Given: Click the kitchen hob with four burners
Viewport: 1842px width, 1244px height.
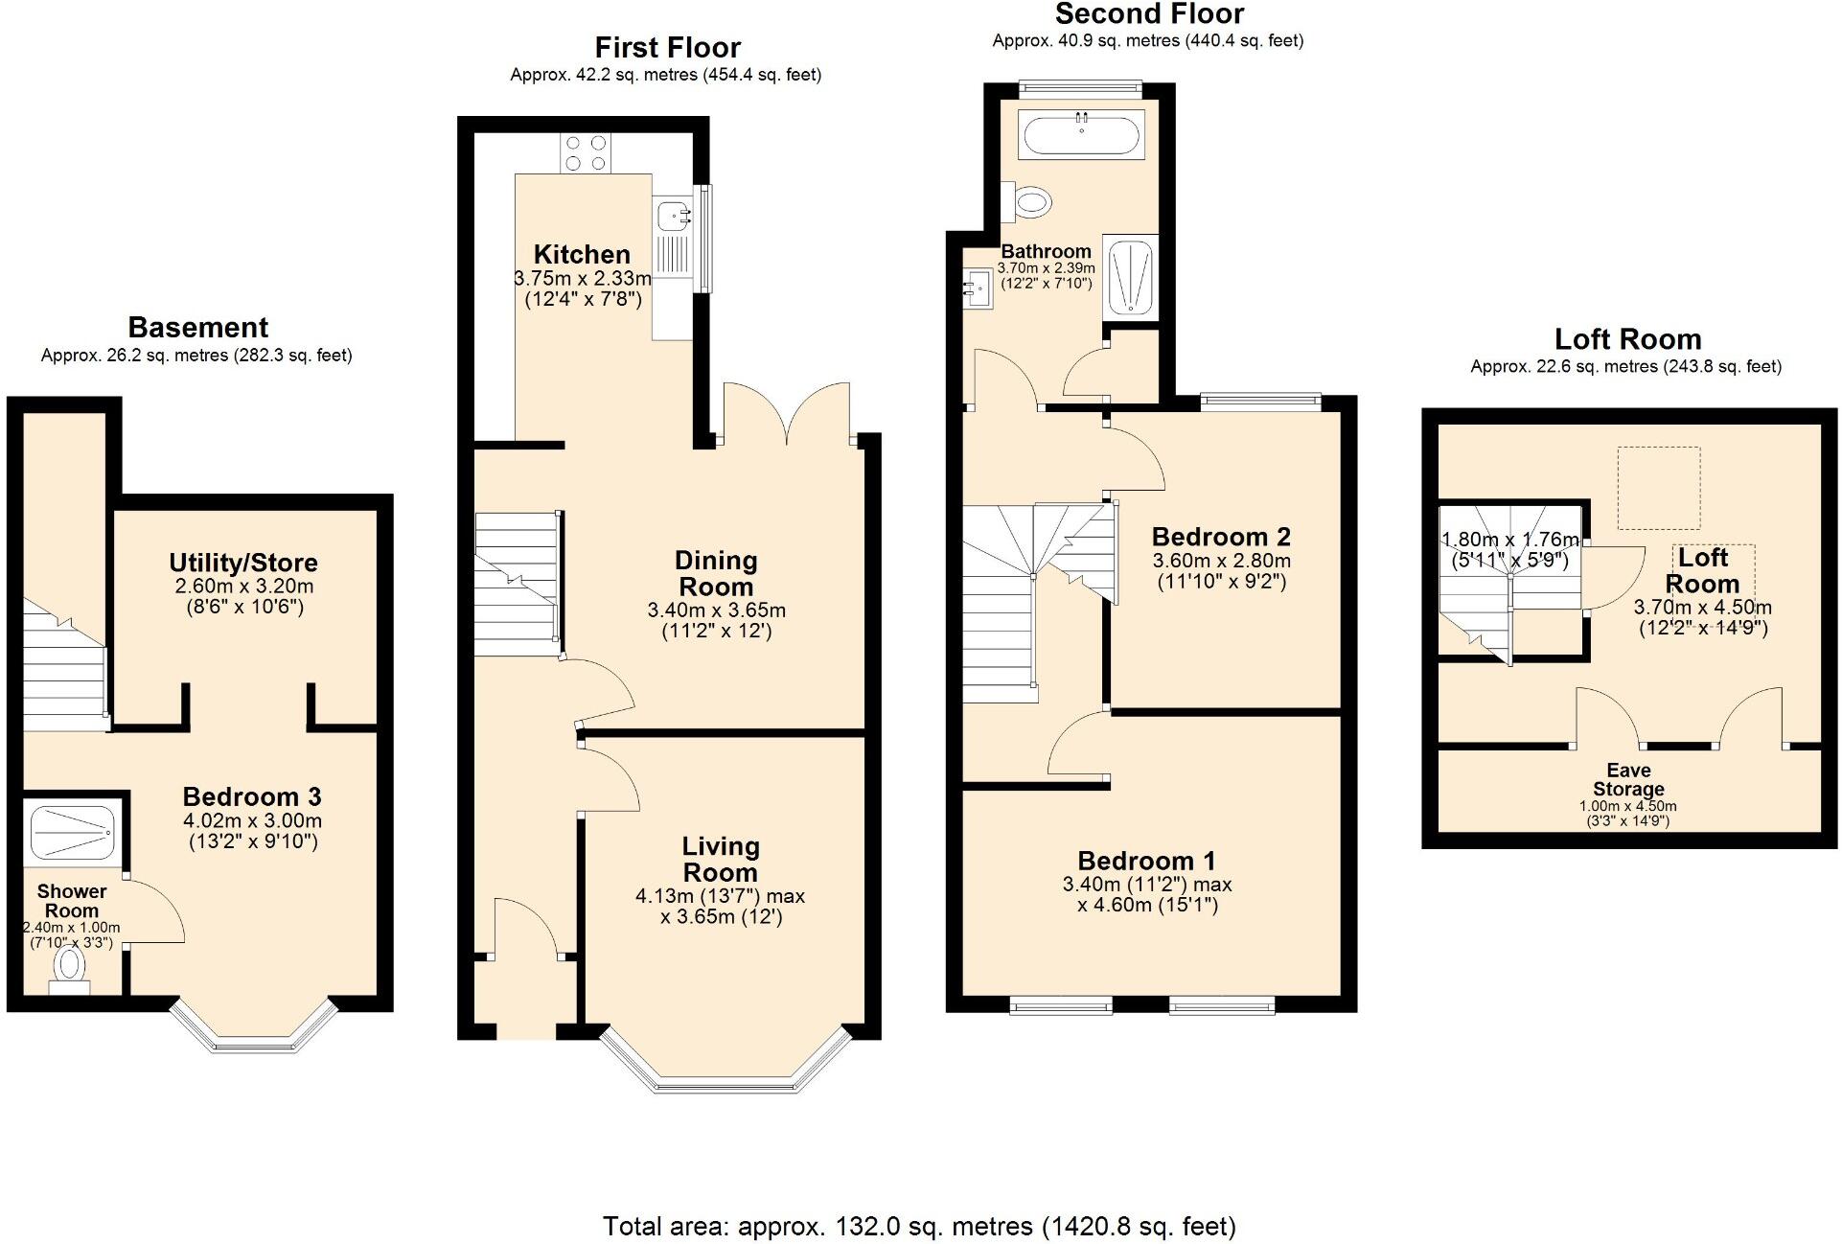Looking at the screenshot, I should click(586, 153).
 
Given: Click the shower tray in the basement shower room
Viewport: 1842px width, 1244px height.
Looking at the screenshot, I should click(73, 832).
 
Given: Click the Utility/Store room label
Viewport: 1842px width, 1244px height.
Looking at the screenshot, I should click(243, 563).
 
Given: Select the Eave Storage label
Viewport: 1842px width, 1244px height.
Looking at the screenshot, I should click(1627, 779).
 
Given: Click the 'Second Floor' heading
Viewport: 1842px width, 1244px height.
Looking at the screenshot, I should click(1148, 14).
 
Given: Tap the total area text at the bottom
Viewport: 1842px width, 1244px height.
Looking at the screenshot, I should click(918, 1226).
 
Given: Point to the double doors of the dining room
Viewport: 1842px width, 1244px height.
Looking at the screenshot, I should click(787, 414).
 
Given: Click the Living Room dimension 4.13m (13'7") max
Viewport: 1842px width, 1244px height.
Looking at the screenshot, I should click(720, 896).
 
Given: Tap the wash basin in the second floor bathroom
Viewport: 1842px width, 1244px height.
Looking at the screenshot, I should click(979, 288).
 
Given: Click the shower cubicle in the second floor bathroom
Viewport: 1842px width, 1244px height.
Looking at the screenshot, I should click(1130, 278).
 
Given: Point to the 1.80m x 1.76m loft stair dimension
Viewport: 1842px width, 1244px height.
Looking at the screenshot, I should click(1509, 540).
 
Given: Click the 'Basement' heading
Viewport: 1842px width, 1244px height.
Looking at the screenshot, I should click(197, 328).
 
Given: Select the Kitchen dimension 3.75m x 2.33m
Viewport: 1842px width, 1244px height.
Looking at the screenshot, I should click(582, 279).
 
